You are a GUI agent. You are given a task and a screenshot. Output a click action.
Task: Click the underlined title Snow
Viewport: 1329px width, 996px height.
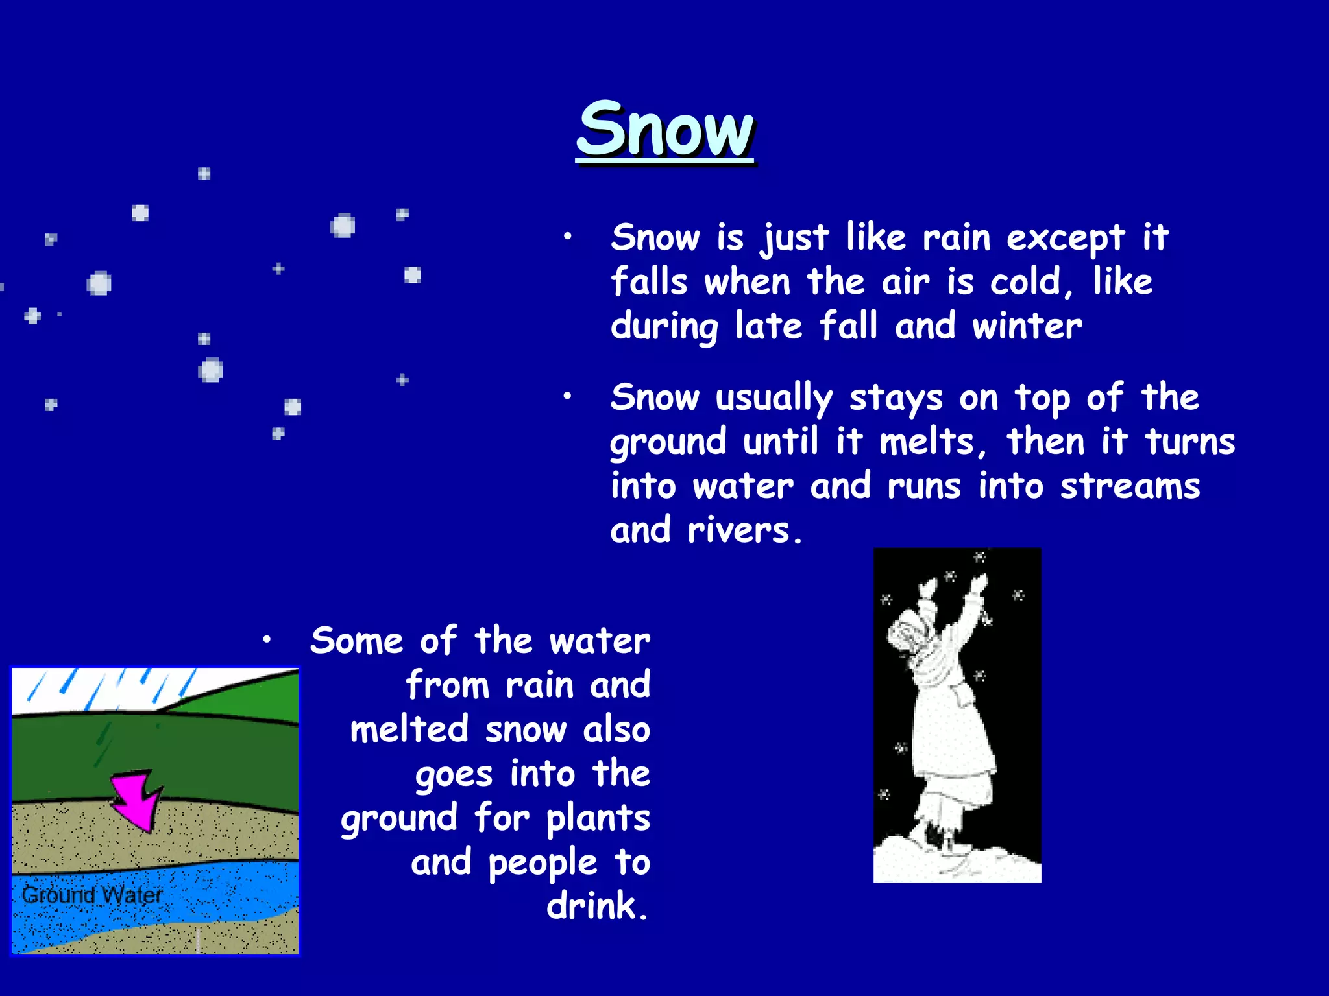pos(665,130)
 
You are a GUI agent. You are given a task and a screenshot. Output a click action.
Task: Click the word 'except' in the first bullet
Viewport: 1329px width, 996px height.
pos(1065,239)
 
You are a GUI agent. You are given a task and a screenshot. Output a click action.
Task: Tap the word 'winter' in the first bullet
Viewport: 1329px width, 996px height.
pos(1027,326)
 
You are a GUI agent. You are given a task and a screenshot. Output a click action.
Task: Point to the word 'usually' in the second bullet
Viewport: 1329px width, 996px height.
pos(774,398)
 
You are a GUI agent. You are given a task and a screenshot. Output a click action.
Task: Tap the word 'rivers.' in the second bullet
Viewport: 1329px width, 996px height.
pos(745,530)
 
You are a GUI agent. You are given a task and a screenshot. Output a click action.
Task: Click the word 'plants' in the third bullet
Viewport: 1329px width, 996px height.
pos(598,818)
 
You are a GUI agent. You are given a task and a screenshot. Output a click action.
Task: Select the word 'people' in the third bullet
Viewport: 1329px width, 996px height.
pos(543,864)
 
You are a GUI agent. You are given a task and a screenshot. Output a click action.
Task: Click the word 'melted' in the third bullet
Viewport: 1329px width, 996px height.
pos(409,729)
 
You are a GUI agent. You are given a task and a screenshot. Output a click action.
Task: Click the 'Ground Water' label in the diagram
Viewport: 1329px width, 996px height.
pos(91,895)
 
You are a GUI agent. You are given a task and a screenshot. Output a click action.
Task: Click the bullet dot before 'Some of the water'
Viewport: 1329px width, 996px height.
pos(266,640)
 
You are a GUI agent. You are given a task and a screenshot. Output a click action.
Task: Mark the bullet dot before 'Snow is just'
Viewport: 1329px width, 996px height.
pos(567,237)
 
